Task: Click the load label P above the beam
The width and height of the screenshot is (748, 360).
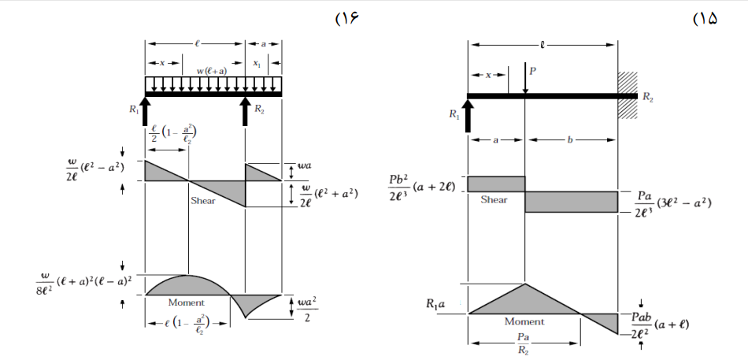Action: [533, 71]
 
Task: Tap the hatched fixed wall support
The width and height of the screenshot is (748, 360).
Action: [628, 95]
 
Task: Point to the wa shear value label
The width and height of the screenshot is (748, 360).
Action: [305, 166]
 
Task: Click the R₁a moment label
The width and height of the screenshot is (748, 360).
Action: [435, 303]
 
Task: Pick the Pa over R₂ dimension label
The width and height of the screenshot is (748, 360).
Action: [524, 343]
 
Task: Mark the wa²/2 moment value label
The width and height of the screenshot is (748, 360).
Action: [307, 309]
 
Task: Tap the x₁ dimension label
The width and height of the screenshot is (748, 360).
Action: [257, 63]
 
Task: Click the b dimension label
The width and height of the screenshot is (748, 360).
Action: [571, 140]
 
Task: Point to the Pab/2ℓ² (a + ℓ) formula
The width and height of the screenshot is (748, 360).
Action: [659, 325]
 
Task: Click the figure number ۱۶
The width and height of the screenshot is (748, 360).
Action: [346, 19]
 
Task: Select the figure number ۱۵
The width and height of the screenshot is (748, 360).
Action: [705, 19]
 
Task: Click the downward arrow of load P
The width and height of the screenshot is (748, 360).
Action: [524, 78]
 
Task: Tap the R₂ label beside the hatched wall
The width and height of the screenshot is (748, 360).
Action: [648, 98]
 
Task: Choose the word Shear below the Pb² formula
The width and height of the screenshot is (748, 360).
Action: [494, 199]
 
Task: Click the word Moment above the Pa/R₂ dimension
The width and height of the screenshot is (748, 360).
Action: [524, 321]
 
